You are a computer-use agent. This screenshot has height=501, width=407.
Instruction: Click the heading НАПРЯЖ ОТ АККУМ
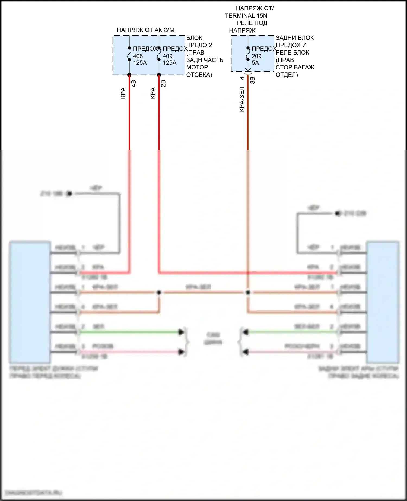click(145, 30)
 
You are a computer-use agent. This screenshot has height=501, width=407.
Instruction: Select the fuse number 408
click(138, 56)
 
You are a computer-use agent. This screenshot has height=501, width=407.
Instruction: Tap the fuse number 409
click(167, 56)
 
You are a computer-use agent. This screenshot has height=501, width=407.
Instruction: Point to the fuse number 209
click(256, 56)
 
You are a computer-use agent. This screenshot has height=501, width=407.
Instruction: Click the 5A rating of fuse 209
click(255, 63)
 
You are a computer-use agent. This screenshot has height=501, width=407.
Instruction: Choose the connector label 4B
click(133, 83)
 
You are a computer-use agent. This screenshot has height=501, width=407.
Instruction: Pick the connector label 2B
click(163, 83)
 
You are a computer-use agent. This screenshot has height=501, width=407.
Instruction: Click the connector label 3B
click(252, 80)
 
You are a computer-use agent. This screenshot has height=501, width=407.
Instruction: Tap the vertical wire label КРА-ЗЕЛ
click(242, 99)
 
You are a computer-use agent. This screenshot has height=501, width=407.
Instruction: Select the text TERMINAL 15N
click(246, 16)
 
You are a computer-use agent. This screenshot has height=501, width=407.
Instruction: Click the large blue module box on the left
click(30, 302)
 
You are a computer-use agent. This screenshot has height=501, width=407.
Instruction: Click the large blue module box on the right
click(383, 302)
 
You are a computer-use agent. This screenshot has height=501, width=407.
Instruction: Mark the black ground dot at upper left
click(69, 194)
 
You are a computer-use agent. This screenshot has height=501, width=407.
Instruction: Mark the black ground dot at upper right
click(338, 214)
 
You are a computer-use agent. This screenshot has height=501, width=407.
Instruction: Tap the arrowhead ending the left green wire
click(181, 332)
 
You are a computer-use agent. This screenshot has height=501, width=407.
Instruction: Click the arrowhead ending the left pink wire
click(181, 352)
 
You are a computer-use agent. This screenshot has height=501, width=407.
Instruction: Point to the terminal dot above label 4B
click(129, 75)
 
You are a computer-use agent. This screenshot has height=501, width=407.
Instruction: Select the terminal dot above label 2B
click(159, 75)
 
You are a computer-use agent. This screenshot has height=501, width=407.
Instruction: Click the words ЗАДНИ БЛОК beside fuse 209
click(295, 38)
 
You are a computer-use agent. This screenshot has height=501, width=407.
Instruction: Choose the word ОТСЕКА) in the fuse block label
click(199, 75)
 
